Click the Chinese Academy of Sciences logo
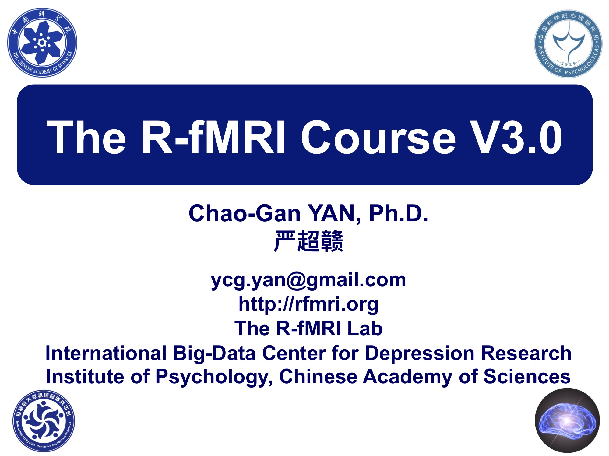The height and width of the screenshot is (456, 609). [x=42, y=43]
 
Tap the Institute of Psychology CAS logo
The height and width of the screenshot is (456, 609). [x=568, y=44]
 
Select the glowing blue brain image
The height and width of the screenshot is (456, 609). [x=567, y=420]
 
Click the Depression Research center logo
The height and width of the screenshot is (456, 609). [x=44, y=421]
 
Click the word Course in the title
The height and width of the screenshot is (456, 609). [x=378, y=137]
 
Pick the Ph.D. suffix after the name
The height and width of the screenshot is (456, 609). [x=399, y=213]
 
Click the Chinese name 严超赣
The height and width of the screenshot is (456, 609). [x=308, y=241]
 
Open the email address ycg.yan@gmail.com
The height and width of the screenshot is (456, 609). [x=308, y=280]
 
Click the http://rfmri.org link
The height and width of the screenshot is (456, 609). [x=308, y=304]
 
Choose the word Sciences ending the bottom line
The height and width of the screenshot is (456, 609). [x=527, y=377]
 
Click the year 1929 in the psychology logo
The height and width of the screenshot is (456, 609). [x=569, y=64]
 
